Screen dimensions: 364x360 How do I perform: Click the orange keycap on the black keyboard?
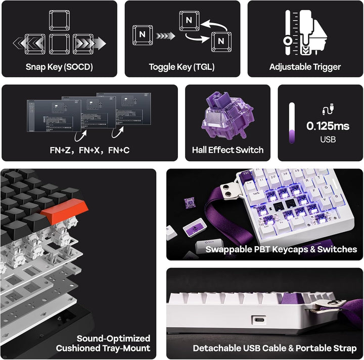click(65, 210)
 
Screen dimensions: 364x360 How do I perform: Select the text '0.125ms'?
click(328, 126)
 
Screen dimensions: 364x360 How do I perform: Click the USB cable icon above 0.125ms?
click(328, 109)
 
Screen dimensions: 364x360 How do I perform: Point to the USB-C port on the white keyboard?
click(259, 320)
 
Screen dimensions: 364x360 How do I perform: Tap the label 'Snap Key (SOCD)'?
click(59, 67)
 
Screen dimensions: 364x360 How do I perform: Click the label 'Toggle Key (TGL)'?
click(181, 67)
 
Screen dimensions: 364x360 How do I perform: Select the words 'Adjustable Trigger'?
click(305, 67)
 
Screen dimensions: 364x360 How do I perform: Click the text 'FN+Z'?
click(60, 150)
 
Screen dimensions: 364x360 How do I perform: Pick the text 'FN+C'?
click(119, 150)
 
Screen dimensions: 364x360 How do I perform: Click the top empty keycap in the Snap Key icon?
click(60, 20)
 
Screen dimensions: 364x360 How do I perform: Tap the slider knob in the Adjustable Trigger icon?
click(288, 41)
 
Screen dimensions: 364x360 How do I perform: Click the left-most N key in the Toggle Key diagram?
click(143, 35)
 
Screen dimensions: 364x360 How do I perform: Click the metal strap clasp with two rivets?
click(229, 192)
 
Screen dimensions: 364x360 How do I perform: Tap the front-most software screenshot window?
click(54, 116)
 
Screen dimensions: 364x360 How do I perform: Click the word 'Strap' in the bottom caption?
click(345, 348)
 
